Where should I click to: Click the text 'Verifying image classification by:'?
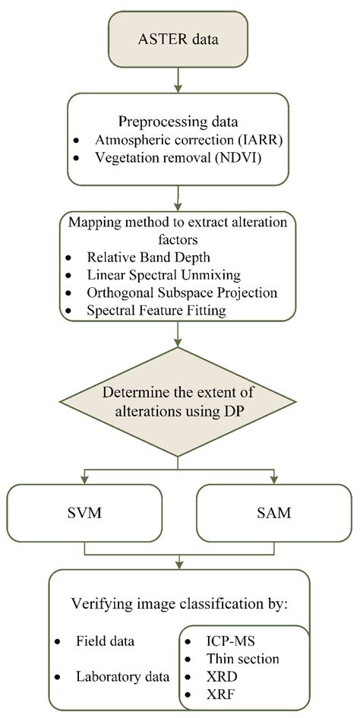[178, 606]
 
